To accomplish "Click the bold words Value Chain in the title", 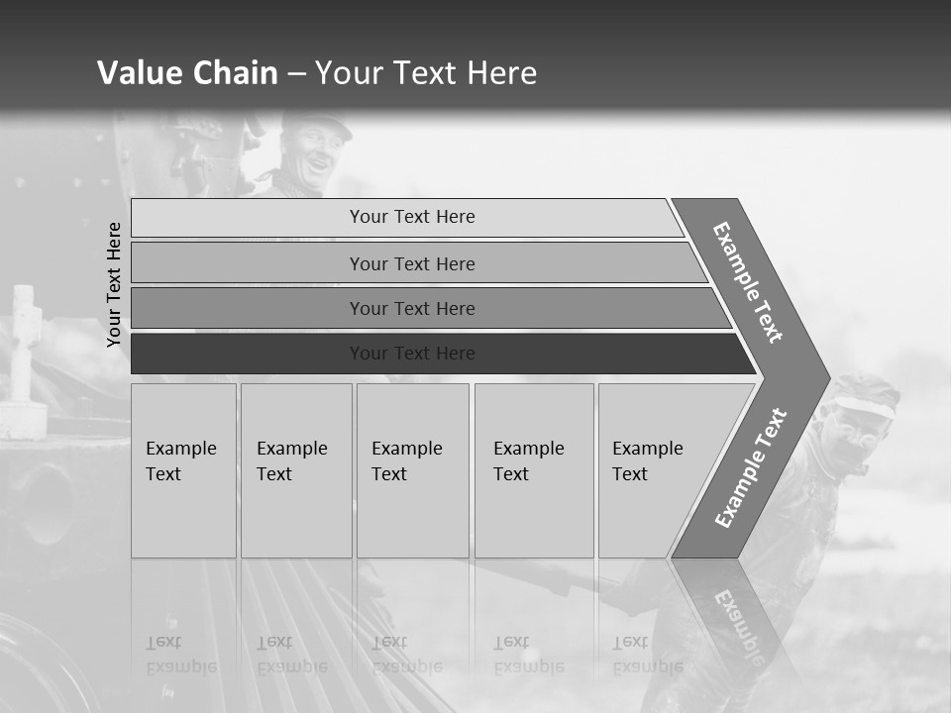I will coord(187,73).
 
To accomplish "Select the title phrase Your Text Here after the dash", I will coord(426,73).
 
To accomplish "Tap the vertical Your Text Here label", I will coord(114,284).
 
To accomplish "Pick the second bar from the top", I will coord(412,263).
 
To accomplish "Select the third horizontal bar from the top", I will coord(412,308).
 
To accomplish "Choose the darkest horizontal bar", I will coord(412,354).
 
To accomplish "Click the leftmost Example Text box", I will coord(183,470).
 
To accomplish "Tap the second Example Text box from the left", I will coord(296,470).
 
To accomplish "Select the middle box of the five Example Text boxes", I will coord(412,470).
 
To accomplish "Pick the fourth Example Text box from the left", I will coord(534,470).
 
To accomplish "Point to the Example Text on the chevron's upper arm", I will coord(748,281).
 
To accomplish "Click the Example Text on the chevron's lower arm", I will coord(751,468).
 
